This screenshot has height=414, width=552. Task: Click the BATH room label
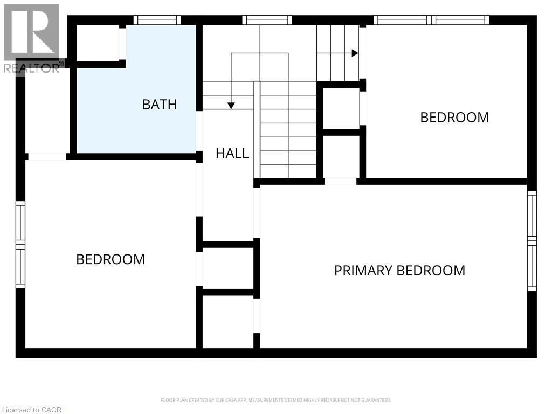click(x=160, y=104)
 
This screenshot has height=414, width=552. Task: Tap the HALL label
click(x=232, y=153)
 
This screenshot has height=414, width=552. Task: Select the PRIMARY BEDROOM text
click(x=399, y=270)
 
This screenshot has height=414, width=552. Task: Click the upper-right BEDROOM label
click(x=454, y=117)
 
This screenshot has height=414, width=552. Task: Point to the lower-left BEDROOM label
click(x=111, y=259)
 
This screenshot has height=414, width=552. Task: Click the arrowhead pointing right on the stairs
click(x=355, y=53)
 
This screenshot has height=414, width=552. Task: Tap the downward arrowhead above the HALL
click(x=231, y=106)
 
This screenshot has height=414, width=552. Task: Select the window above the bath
click(x=157, y=20)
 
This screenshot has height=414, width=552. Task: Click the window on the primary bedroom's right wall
click(x=532, y=240)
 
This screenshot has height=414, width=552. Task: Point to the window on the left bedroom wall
click(x=20, y=244)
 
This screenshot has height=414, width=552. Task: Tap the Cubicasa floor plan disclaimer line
click(x=276, y=400)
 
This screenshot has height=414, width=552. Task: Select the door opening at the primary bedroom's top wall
click(x=340, y=182)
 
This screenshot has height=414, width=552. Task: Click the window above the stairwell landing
click(x=267, y=20)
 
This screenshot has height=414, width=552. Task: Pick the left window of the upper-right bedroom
click(x=403, y=20)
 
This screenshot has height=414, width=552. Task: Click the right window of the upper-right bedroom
click(x=461, y=20)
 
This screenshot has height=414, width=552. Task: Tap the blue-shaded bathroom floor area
click(x=135, y=124)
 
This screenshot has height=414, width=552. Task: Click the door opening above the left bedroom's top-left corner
click(x=47, y=156)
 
